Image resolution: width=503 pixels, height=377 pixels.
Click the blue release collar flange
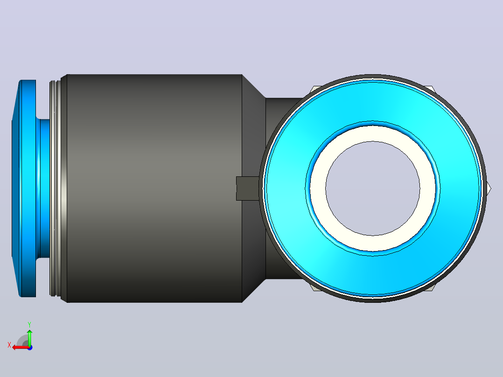[x=24, y=188]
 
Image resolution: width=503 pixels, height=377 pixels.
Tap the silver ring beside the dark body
[x=55, y=188]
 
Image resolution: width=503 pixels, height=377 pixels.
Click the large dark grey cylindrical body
[x=154, y=188]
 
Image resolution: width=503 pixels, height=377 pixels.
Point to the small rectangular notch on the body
[x=247, y=188]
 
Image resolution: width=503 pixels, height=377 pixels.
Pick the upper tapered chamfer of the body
[x=254, y=86]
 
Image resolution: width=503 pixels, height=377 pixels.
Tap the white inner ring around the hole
[x=373, y=133]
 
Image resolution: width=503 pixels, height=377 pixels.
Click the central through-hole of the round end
[x=373, y=188]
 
